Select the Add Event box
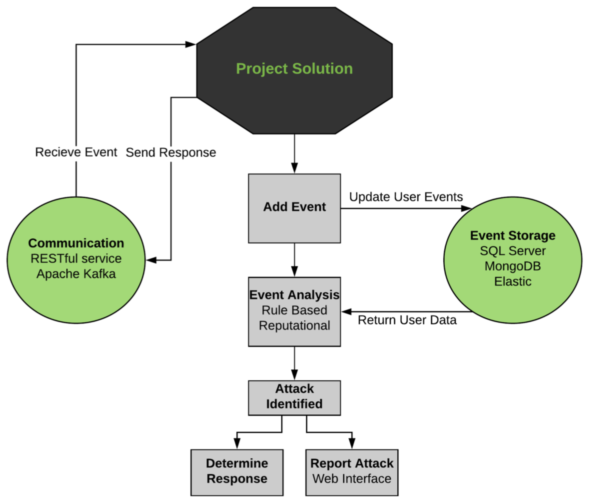coord(294,208)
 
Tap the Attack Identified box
coord(294,398)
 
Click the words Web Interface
coord(352,479)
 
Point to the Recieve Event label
coord(76,152)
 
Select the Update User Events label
coord(406,197)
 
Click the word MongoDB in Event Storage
coord(513,266)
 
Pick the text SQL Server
coord(513,251)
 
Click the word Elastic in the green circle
coord(513,281)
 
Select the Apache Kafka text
coord(76,274)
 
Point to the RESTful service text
coord(76,258)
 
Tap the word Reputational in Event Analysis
coord(294,325)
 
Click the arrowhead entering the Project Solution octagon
coord(190,44)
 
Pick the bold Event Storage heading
coord(513,235)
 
